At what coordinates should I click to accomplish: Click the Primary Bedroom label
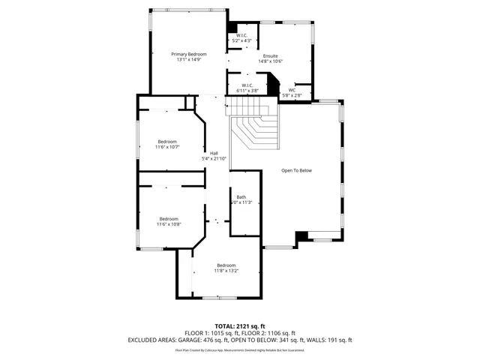189,54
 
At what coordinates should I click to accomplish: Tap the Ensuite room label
269,55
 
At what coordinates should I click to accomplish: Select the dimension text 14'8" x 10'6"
269,61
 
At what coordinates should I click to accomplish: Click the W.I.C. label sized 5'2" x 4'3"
242,35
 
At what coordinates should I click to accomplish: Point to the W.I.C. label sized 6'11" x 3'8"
247,85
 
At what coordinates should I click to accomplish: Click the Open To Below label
296,170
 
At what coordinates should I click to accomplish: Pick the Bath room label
241,196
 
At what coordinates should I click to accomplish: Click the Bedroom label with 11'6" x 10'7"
167,142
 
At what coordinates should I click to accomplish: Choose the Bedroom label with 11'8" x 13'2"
226,265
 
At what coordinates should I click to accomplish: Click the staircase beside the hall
255,129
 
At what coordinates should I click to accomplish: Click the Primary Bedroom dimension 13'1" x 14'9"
189,60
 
